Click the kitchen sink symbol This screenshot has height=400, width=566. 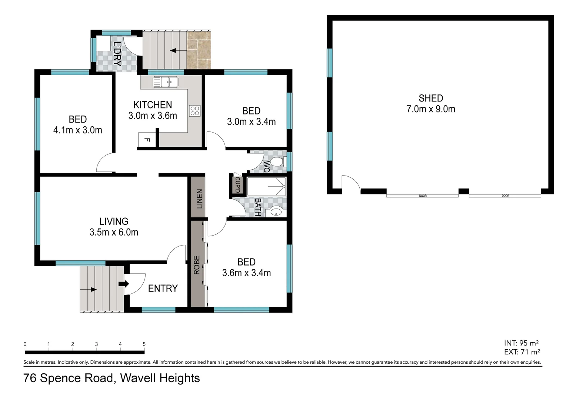[x=166, y=82]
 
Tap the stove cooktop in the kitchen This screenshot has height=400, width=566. [x=195, y=111]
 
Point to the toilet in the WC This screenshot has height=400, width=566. [x=277, y=162]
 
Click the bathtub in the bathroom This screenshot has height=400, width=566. [x=266, y=187]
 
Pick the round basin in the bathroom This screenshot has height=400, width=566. [x=276, y=212]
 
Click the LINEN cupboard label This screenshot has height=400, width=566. [x=199, y=199]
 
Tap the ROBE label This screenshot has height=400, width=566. [x=197, y=265]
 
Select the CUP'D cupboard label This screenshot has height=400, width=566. [x=237, y=184]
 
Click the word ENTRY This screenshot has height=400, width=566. [x=163, y=289]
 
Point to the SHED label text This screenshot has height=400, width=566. [x=431, y=98]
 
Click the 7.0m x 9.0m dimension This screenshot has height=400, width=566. [x=431, y=109]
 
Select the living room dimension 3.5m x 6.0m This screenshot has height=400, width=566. [x=114, y=232]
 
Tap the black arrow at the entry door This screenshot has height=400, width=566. [x=123, y=284]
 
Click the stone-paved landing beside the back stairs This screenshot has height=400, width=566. [x=199, y=50]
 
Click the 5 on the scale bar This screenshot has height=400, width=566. [x=144, y=344]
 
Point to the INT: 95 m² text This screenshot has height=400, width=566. [x=521, y=343]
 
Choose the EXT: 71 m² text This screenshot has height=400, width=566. [x=522, y=352]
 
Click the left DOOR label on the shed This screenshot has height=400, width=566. [x=423, y=196]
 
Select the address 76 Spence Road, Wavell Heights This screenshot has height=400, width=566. [x=111, y=378]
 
